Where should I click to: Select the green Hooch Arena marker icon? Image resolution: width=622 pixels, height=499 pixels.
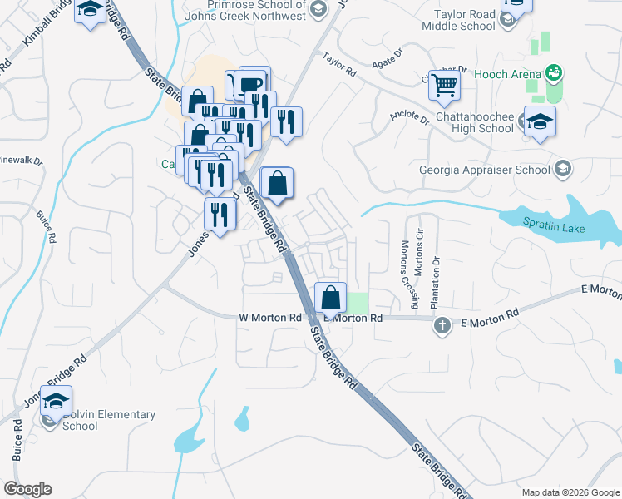point(551,73)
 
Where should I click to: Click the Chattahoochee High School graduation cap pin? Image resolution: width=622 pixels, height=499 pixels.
point(540,121)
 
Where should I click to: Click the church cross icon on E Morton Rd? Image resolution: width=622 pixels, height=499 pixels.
point(443,326)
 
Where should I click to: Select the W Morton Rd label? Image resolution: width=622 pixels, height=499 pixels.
point(269,318)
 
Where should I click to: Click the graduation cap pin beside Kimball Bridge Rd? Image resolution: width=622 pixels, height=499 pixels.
point(90,11)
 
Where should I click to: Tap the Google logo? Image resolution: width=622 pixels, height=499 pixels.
point(27,489)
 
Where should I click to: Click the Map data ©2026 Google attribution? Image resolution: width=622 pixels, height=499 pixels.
point(570,492)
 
